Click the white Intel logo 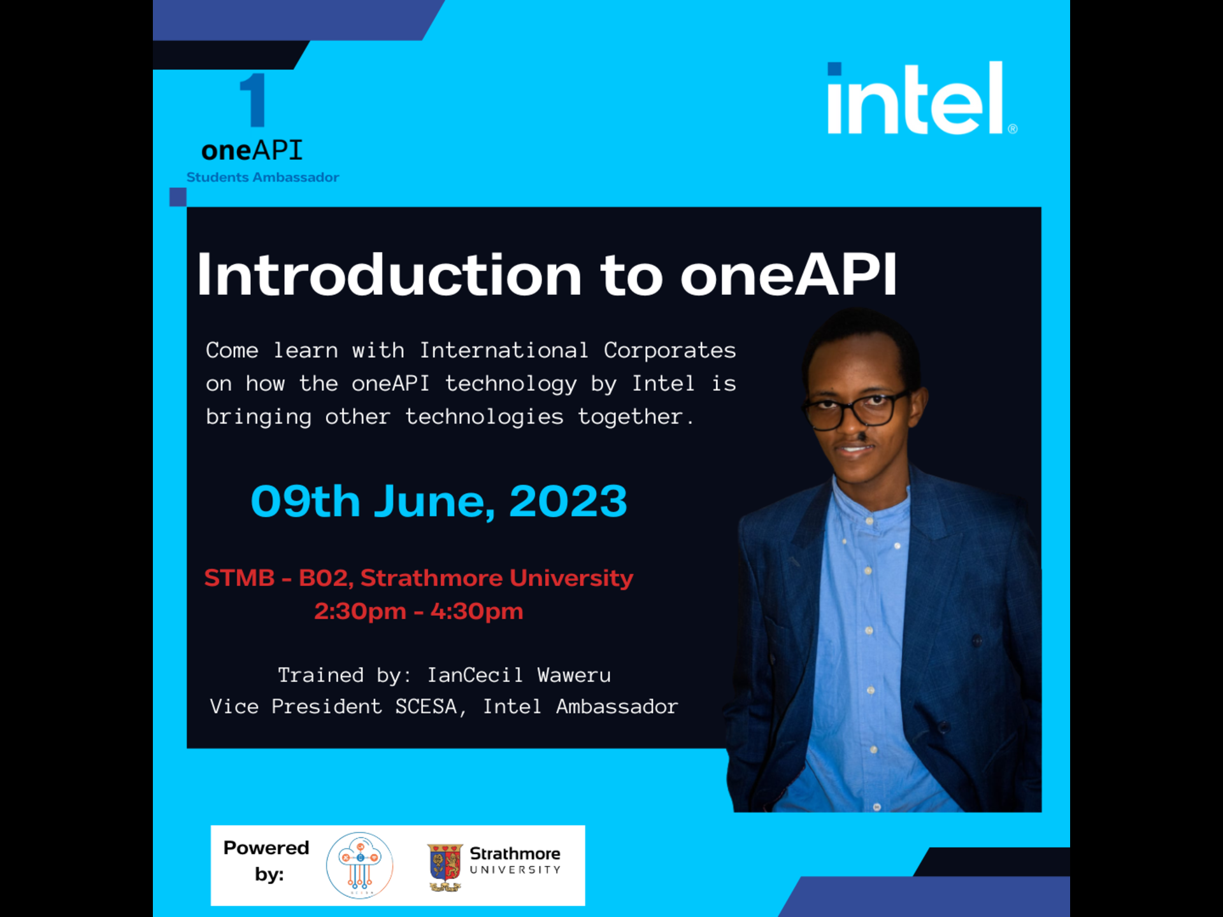(x=922, y=98)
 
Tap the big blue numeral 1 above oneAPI (x=254, y=99)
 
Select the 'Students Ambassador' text (x=262, y=178)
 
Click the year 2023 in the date (x=568, y=501)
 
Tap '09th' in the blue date (x=306, y=501)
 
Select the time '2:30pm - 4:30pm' (x=418, y=611)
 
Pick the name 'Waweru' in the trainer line (x=574, y=675)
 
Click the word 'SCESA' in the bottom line (x=426, y=706)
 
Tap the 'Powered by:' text (x=266, y=861)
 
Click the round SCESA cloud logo (x=360, y=865)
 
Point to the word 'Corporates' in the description (x=669, y=350)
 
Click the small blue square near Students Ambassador (x=178, y=197)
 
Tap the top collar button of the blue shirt (x=869, y=521)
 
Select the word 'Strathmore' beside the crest (x=515, y=853)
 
